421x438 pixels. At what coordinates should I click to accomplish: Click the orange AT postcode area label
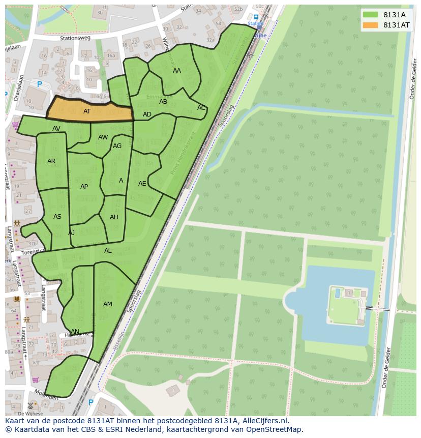pos(87,111)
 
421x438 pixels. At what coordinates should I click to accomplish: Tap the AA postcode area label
pos(177,71)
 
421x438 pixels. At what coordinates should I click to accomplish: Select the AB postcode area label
pos(163,102)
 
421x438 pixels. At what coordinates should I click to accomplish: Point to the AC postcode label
pos(201,108)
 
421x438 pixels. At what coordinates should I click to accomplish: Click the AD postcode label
pos(147,114)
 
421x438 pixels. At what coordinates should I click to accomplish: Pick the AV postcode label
pos(56,129)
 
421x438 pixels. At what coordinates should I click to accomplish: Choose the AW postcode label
pos(103,137)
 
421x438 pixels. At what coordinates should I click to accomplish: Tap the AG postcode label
pos(117,146)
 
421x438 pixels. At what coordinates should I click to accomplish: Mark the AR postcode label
pos(51,161)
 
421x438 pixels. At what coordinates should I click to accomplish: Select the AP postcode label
pos(84,187)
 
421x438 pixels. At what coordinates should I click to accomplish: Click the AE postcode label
pos(142,184)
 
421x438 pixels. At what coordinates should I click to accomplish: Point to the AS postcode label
pos(57,217)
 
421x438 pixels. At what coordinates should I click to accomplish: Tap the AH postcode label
pos(114,217)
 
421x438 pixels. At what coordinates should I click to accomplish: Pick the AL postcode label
pos(108,251)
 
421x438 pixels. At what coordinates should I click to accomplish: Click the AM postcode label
pos(108,304)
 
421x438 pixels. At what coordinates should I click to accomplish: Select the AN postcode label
pos(75,332)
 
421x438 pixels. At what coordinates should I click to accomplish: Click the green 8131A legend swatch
pos(371,15)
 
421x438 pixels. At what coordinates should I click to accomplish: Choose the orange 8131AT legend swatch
pos(371,25)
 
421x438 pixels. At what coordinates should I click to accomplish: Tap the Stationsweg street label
pos(74,37)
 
